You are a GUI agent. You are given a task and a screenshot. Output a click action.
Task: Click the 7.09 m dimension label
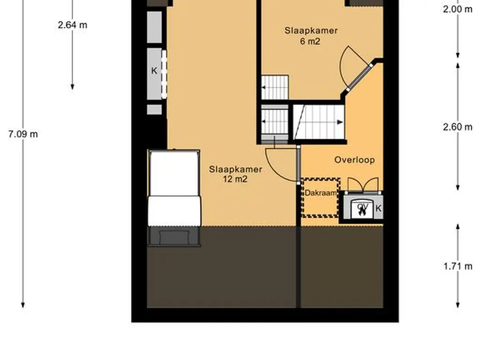point(23,134)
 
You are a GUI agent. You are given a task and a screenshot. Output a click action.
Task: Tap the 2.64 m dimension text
point(73,25)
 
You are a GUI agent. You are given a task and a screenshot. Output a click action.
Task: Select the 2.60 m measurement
point(457,127)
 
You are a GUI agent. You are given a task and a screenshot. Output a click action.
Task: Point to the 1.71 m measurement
point(458,266)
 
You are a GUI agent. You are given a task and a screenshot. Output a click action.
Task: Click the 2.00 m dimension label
point(457,9)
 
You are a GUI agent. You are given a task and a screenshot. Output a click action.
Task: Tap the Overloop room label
point(354,160)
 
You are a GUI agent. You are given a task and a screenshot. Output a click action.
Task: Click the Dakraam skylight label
point(321,193)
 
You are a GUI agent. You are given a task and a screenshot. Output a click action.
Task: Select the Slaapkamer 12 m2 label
point(235,174)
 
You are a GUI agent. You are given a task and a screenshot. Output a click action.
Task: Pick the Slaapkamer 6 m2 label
point(311,36)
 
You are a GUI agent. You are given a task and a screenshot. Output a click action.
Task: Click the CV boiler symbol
point(363,209)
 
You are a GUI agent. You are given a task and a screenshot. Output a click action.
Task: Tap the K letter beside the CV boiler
point(378,209)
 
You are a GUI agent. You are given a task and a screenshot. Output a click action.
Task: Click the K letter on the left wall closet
point(154,71)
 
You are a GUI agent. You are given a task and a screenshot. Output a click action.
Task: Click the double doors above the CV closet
point(363,185)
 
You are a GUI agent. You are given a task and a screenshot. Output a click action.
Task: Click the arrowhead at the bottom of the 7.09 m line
point(23,305)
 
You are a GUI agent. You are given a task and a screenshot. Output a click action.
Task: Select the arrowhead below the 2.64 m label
point(72,87)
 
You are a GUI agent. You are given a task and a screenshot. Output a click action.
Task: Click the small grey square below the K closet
point(154,110)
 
